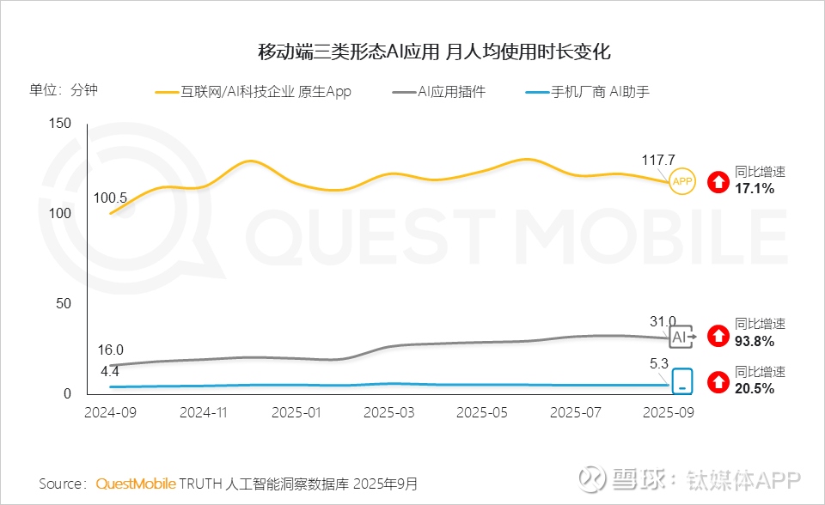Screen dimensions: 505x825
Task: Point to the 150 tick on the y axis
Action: (x=59, y=123)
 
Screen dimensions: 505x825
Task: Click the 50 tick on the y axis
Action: (x=63, y=304)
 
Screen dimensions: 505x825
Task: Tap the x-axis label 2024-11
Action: (x=203, y=412)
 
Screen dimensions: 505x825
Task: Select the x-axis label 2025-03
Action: (x=389, y=412)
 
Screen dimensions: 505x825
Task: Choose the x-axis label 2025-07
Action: (x=575, y=412)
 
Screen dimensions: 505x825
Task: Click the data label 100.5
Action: (x=110, y=198)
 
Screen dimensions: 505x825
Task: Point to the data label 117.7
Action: (x=659, y=160)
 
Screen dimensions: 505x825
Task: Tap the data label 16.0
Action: (x=110, y=350)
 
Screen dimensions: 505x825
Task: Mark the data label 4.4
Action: (x=110, y=372)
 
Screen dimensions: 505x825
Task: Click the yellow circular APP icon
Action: (x=682, y=181)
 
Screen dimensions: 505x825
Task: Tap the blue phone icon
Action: (x=682, y=381)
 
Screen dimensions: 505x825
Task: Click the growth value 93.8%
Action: (x=755, y=341)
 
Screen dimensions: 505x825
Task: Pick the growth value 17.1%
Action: (x=755, y=188)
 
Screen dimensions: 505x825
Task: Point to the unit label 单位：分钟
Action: (x=64, y=90)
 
